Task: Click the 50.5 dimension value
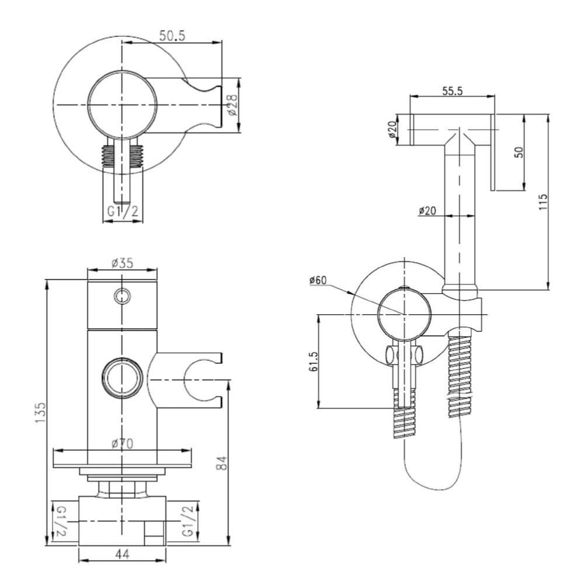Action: [172, 36]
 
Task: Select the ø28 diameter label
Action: [233, 105]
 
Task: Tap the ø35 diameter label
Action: [123, 263]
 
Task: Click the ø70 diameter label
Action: [122, 444]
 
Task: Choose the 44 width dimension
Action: [122, 552]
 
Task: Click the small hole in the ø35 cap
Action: [122, 296]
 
